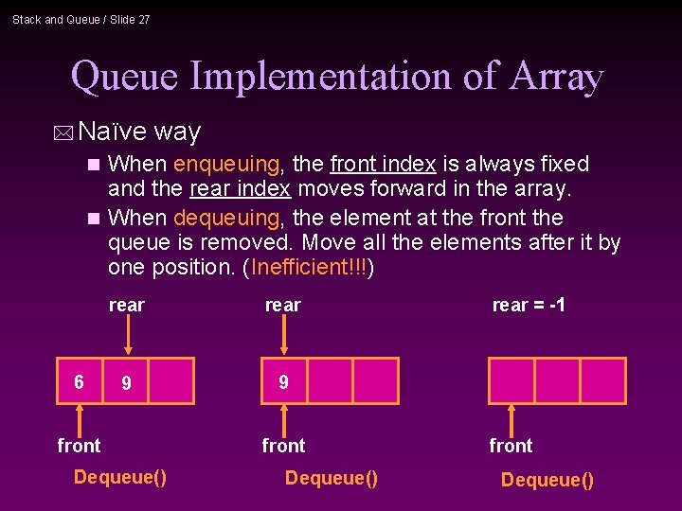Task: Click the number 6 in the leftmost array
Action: click(80, 382)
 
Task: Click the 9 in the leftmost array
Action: click(126, 383)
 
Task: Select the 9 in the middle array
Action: click(283, 382)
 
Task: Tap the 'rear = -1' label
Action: click(529, 305)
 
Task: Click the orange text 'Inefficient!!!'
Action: click(309, 268)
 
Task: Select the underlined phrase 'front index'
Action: click(383, 164)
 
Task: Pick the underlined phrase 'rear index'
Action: click(240, 190)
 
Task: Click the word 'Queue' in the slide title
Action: click(125, 76)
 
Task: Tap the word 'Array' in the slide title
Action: click(557, 76)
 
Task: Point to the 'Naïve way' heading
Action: click(140, 132)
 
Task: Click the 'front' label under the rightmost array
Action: click(511, 446)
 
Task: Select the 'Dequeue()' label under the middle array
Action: click(331, 478)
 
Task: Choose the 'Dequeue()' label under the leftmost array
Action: click(120, 476)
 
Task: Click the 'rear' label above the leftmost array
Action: click(127, 305)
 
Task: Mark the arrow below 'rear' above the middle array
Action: click(283, 334)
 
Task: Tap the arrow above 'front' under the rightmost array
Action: click(511, 419)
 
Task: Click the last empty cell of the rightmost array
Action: click(602, 380)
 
